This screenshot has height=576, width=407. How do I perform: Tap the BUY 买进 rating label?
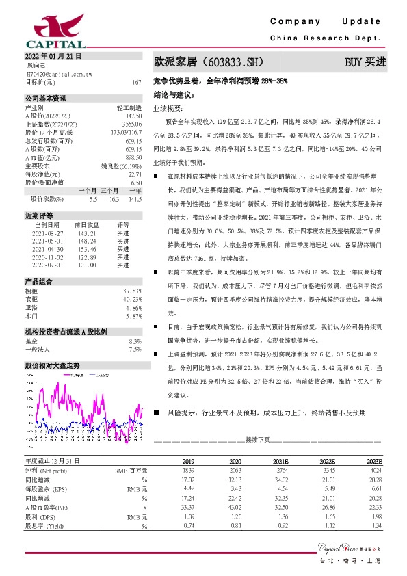[365, 62]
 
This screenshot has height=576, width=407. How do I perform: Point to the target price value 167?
[137, 81]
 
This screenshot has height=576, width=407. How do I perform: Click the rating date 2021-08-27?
[47, 233]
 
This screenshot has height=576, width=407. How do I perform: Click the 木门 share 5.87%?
[133, 317]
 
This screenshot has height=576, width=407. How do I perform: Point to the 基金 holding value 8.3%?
[135, 340]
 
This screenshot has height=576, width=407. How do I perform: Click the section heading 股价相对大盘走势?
[53, 365]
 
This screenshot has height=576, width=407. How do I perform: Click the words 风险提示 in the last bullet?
[180, 413]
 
